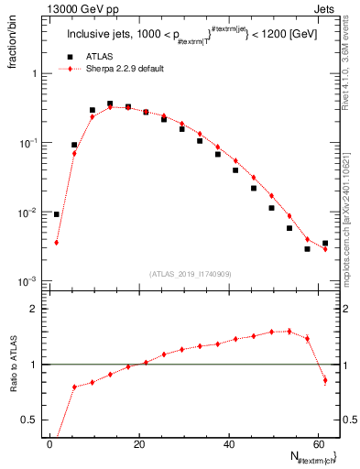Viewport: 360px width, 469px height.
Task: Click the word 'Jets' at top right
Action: pos(327,8)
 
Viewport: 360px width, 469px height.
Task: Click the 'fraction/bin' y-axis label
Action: pos(14,45)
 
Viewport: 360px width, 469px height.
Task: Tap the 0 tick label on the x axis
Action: pos(50,443)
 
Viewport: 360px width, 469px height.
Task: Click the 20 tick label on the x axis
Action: pos(139,443)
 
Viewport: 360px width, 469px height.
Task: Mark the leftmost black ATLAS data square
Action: pos(57,214)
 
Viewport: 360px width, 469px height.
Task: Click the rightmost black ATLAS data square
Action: pos(325,244)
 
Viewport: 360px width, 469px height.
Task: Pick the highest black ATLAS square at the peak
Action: pos(110,104)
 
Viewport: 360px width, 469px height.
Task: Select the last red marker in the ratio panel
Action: pos(325,380)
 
